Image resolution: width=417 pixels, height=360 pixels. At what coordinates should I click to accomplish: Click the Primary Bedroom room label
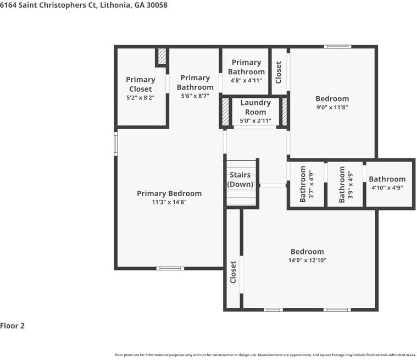click(x=169, y=193)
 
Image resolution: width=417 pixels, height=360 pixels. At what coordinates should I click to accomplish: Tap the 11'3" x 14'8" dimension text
click(x=169, y=202)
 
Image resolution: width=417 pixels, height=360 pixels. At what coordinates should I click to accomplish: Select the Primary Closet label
click(x=141, y=84)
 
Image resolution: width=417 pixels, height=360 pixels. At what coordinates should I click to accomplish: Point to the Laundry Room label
click(x=255, y=107)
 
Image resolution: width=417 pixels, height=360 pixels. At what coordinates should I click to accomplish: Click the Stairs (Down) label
click(x=240, y=179)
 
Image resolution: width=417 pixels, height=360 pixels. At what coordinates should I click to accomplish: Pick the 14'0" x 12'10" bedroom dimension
click(x=307, y=260)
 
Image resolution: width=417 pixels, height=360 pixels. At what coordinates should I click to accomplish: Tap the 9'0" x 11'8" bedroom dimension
click(x=332, y=107)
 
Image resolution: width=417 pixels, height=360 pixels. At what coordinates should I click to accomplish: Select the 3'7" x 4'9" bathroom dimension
click(x=311, y=185)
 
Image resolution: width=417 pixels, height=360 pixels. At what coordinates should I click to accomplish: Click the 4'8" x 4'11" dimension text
click(x=246, y=80)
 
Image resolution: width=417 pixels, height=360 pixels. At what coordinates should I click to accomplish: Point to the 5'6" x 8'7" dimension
click(x=195, y=96)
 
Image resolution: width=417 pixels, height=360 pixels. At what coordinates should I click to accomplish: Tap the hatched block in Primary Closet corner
click(x=162, y=56)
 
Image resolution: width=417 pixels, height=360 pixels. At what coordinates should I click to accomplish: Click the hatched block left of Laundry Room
click(x=225, y=112)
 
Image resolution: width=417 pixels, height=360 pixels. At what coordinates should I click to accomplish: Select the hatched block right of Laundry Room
click(x=284, y=112)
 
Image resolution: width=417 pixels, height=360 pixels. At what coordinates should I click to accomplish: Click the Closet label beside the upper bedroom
click(x=279, y=72)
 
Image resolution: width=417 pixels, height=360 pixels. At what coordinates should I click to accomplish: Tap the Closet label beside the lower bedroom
click(x=233, y=272)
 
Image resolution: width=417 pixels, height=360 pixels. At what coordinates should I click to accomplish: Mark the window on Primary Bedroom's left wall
click(x=116, y=143)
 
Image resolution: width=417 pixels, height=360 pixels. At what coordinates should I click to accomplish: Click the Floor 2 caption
click(x=12, y=326)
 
